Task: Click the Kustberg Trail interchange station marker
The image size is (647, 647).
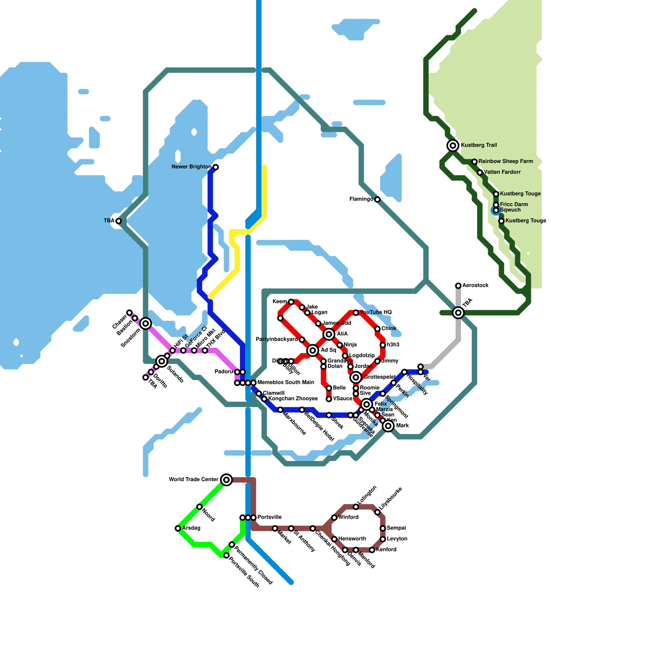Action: tap(453, 146)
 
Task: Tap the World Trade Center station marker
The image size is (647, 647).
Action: tap(226, 480)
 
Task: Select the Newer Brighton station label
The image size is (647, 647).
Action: tap(191, 167)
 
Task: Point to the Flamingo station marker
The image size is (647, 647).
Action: tap(377, 199)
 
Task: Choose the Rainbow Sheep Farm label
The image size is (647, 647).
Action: tap(505, 161)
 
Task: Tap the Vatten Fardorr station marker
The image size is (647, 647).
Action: tap(480, 173)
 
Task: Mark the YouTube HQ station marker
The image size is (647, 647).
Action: tap(356, 313)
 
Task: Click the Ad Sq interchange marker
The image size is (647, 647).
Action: tap(313, 351)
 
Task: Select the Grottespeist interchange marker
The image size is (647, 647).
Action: tap(356, 378)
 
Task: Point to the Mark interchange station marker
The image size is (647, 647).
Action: tap(388, 426)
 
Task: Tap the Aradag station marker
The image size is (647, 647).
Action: tap(178, 529)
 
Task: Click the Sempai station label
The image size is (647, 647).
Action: tap(396, 528)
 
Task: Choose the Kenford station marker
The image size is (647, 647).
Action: tap(372, 550)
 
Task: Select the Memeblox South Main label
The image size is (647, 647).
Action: tap(285, 383)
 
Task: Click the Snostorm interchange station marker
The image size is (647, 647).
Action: tap(146, 323)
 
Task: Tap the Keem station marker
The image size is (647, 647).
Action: tap(291, 302)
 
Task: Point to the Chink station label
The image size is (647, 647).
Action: tap(389, 329)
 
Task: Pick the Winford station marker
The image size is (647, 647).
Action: tap(334, 518)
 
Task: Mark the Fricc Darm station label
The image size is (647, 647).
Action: tap(514, 205)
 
